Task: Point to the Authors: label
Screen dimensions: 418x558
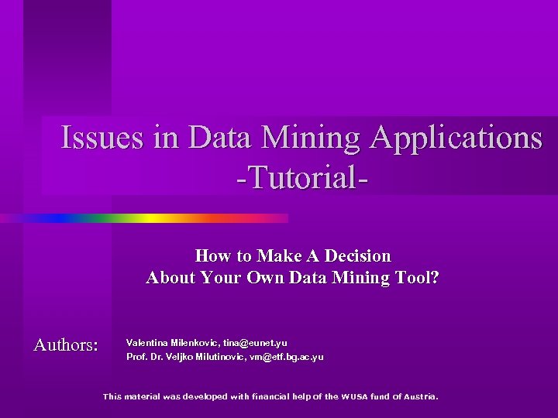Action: [x=66, y=344]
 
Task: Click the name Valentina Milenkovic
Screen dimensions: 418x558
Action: [x=173, y=342]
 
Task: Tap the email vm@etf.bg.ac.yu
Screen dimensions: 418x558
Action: [x=287, y=358]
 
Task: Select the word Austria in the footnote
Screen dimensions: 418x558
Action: [x=418, y=396]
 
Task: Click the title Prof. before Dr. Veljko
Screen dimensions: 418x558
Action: [x=136, y=358]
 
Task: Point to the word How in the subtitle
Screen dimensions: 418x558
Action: [x=211, y=255]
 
